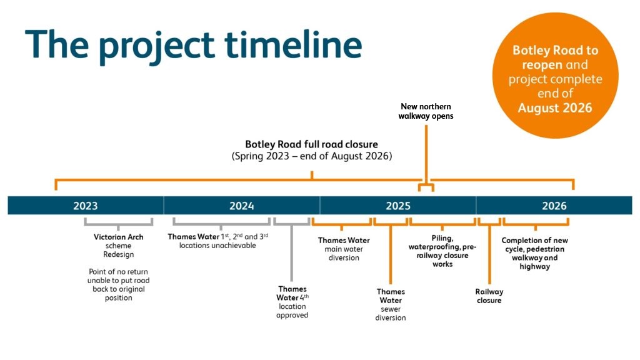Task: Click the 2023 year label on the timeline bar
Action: [x=85, y=206]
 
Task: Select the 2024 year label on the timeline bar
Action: [x=242, y=206]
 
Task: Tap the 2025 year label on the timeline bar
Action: [x=398, y=206]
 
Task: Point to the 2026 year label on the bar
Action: [x=554, y=206]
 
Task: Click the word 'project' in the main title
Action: [x=157, y=46]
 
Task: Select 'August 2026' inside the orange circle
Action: [x=555, y=107]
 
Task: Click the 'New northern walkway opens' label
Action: [x=426, y=111]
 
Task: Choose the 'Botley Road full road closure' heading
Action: [x=311, y=144]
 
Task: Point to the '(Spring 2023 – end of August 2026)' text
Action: [x=312, y=156]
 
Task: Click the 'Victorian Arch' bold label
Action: [x=118, y=237]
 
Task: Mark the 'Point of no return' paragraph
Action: [x=118, y=285]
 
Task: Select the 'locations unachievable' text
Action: [x=217, y=246]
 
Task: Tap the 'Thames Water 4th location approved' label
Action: [x=292, y=302]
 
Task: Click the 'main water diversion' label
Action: [x=344, y=254]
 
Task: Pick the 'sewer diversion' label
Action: [x=391, y=314]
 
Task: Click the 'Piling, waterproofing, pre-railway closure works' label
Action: [x=442, y=251]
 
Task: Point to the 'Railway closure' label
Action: [x=489, y=296]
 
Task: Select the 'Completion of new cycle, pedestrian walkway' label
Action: [x=535, y=254]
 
